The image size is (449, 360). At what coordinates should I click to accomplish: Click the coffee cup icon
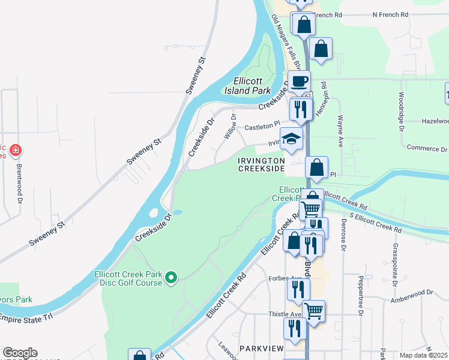tap(299, 80)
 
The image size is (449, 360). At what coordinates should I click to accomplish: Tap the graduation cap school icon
tap(292, 138)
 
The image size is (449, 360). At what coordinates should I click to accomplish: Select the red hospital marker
tap(16, 149)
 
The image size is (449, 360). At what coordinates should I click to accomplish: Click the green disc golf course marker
tap(171, 277)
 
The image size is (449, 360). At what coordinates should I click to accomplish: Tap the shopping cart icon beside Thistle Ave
tap(313, 311)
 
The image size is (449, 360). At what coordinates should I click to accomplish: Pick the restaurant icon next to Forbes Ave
tap(298, 289)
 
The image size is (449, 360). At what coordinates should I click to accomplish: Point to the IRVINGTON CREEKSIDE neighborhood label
tap(261, 165)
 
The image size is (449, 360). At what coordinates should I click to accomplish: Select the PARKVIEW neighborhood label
tap(261, 348)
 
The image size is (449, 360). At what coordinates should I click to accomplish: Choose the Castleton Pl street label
tap(262, 127)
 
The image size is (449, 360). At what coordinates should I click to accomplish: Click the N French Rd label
tap(390, 14)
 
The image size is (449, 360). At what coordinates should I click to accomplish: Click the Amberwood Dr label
tap(411, 296)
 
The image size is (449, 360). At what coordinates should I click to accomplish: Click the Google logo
tap(20, 353)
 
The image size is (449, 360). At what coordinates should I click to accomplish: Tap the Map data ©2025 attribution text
tap(423, 355)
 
